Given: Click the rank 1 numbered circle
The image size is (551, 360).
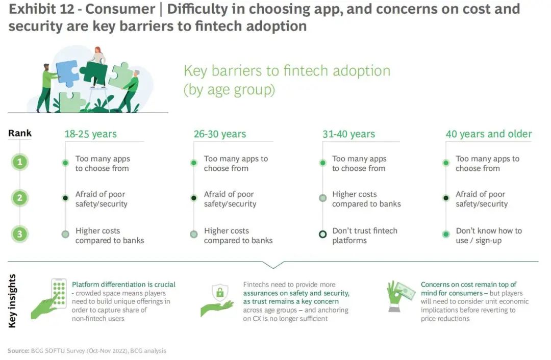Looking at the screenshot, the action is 20,162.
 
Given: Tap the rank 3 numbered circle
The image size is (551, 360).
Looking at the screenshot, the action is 20,234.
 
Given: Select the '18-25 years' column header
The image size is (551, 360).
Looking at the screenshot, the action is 91,134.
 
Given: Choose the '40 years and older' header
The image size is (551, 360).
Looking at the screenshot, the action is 489,134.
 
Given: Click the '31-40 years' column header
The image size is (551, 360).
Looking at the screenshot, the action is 349,134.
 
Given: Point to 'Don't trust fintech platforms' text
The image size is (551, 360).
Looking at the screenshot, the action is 365,235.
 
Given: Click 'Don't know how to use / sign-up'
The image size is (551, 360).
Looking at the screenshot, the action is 489,235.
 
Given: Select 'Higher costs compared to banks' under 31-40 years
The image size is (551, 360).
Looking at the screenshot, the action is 366,199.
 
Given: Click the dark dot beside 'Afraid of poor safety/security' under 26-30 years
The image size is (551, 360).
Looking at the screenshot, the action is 194,198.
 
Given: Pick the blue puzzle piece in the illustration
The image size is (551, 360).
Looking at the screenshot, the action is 68,73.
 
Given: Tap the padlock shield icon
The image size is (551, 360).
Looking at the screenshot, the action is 220,292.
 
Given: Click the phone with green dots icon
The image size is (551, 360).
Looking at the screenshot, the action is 59,293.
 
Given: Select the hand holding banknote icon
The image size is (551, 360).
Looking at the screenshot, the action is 400,295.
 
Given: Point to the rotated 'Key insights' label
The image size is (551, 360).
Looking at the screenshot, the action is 12,301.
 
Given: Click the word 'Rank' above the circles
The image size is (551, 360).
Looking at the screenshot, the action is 20,133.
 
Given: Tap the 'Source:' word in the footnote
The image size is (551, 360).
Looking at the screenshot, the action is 18,350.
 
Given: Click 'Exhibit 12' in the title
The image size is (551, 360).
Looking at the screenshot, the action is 41,9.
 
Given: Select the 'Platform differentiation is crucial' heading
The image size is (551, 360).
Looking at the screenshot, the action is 123,285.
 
